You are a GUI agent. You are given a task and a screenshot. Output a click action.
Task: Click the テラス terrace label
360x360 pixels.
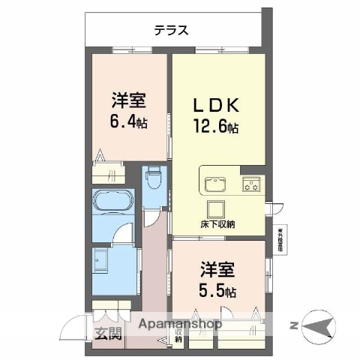[171, 31]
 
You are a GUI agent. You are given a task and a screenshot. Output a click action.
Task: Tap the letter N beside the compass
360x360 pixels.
[294, 325]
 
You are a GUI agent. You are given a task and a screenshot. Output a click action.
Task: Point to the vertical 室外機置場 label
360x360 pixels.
[280, 240]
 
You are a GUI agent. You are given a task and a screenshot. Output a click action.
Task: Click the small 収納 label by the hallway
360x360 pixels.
[178, 334]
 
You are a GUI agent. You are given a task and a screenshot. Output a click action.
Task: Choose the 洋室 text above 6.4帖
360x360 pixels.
[128, 100]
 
